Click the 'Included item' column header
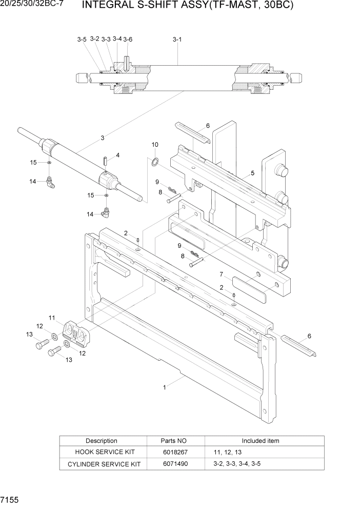[261, 441]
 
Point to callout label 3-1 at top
[177, 39]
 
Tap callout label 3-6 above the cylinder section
[128, 40]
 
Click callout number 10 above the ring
[155, 145]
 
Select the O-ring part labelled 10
[154, 163]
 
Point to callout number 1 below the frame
[164, 387]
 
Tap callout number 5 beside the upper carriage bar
[252, 173]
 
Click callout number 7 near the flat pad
[221, 273]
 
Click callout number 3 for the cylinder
[103, 138]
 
